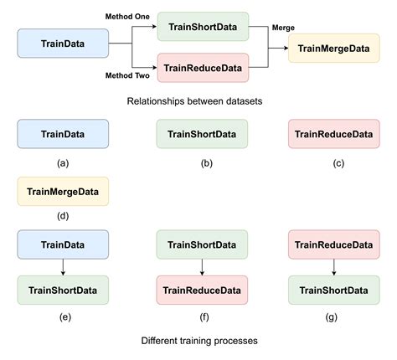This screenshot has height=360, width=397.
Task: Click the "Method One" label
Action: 126,17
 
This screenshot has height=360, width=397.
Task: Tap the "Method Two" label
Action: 126,75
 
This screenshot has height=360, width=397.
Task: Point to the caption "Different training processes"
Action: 198,342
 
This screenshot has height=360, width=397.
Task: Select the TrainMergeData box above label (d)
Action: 63,192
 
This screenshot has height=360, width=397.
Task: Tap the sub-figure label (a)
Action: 63,163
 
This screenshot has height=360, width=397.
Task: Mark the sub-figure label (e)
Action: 63,317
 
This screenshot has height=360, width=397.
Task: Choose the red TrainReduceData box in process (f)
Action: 202,290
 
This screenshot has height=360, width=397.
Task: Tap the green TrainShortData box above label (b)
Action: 202,134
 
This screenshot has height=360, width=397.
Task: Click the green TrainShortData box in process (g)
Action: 333,290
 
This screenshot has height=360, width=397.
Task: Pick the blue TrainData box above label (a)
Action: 63,134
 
